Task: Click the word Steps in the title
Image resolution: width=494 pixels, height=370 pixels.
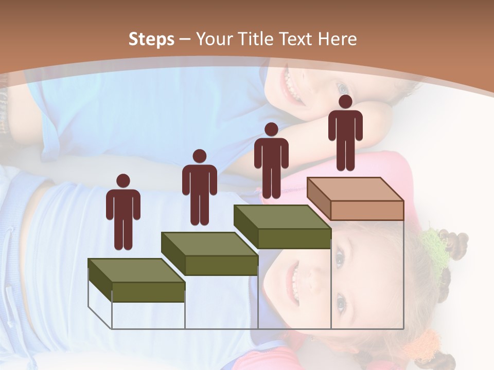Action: click(151, 39)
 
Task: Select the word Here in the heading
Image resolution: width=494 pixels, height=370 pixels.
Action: click(337, 39)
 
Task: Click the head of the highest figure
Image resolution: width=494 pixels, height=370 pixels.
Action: click(345, 102)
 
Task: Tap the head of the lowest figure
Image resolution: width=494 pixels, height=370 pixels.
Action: click(123, 181)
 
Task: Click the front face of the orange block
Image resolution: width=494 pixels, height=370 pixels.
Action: click(367, 210)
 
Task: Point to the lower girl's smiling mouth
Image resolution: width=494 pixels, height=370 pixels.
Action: click(293, 283)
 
